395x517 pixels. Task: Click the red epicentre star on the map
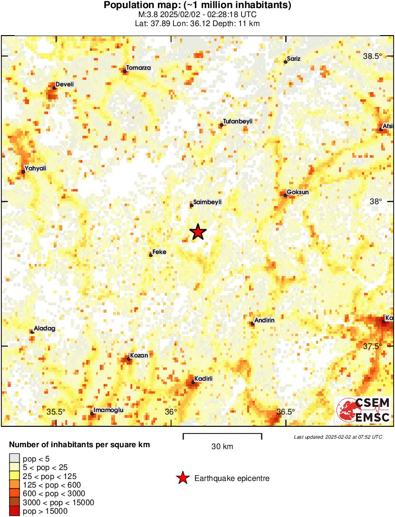pyautogui.click(x=198, y=232)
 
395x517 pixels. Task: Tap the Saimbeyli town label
pyautogui.click(x=208, y=202)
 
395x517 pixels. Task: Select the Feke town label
pyautogui.click(x=159, y=252)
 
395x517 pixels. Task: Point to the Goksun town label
pyautogui.click(x=298, y=192)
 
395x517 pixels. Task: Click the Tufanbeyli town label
pyautogui.click(x=238, y=122)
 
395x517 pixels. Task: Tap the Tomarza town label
pyautogui.click(x=138, y=68)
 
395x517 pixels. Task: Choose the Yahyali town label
pyautogui.click(x=36, y=169)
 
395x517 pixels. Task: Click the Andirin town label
pyautogui.click(x=265, y=320)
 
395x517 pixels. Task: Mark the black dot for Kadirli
pyautogui.click(x=193, y=382)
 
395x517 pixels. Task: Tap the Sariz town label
pyautogui.click(x=293, y=59)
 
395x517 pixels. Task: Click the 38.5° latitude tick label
pyautogui.click(x=372, y=56)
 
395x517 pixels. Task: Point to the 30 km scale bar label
pyautogui.click(x=222, y=447)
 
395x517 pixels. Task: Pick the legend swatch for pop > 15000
pyautogui.click(x=15, y=511)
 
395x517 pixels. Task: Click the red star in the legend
pyautogui.click(x=183, y=479)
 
